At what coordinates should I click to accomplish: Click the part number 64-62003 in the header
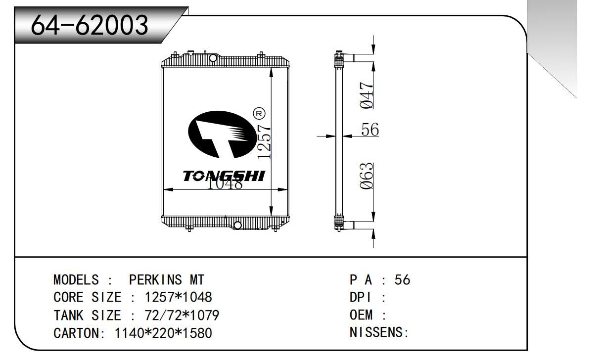click(x=90, y=25)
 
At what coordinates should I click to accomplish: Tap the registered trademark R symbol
click(x=259, y=113)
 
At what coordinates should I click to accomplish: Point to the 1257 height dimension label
click(x=265, y=141)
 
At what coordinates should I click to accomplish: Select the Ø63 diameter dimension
click(x=367, y=176)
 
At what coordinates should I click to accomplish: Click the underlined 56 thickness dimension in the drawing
click(x=370, y=130)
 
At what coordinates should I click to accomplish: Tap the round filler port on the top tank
click(x=213, y=58)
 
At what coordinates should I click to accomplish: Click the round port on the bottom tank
click(x=237, y=225)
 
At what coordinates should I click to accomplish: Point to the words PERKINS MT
click(x=166, y=280)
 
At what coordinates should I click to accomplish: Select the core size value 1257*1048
click(x=178, y=298)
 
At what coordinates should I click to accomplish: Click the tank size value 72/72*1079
click(x=182, y=315)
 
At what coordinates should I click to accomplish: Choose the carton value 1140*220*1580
click(x=163, y=333)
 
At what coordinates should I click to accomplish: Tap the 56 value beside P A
click(x=402, y=280)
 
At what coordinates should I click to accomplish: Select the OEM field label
click(x=363, y=315)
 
